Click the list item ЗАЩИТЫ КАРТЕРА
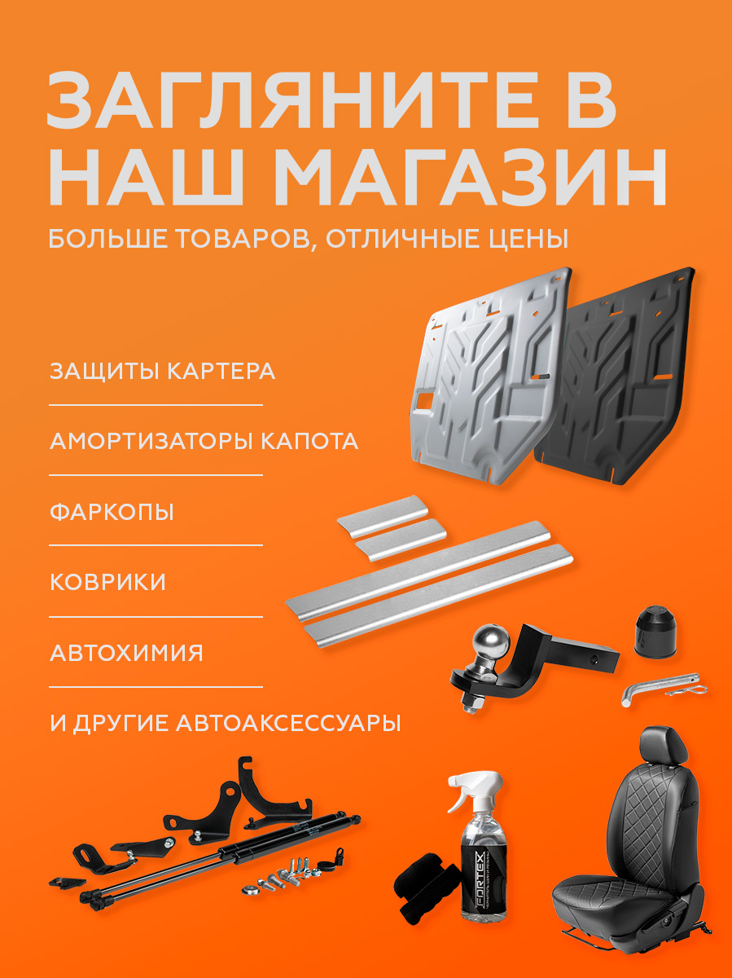162,372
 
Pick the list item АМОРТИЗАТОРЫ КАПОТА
204,441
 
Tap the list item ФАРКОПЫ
112,513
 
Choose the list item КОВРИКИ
107,582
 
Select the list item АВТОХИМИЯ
126,653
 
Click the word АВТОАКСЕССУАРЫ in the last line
289,723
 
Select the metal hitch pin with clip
663,689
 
